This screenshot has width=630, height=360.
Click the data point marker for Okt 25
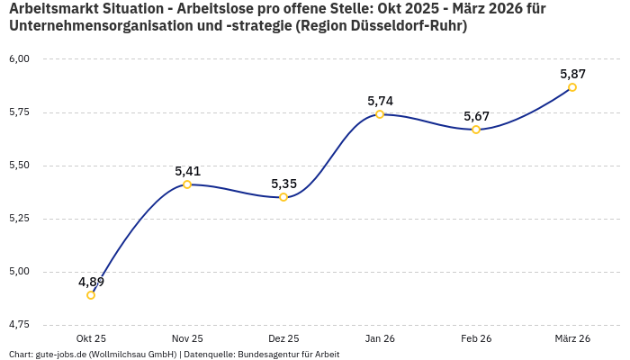[91, 295]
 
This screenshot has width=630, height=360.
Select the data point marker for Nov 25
[187, 184]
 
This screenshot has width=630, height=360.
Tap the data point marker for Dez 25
[283, 197]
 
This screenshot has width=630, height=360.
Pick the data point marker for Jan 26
[380, 114]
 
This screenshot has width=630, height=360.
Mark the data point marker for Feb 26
[476, 130]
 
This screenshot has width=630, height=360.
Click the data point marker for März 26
[572, 87]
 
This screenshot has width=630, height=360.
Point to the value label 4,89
[91, 282]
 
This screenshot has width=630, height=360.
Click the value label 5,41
[187, 171]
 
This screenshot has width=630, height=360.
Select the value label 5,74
[380, 101]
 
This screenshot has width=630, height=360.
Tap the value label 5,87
[572, 74]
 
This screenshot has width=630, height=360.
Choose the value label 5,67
[476, 116]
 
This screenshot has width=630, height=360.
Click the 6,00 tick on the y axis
[19, 59]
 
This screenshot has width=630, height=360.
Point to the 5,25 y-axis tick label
[19, 219]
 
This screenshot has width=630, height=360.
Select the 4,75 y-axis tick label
[19, 324]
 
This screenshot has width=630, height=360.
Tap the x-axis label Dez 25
[283, 338]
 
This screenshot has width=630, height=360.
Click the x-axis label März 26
[572, 338]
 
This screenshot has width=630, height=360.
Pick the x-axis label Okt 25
[91, 338]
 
